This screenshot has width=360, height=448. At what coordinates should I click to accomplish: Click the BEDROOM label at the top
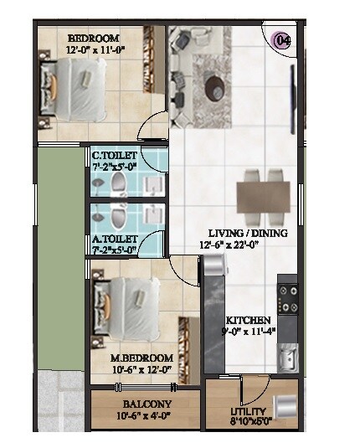coord(93,39)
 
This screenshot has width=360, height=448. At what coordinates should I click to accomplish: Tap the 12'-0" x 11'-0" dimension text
coord(93,50)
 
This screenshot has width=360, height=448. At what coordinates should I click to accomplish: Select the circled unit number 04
coord(282,39)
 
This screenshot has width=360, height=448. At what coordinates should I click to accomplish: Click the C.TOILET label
coord(116,155)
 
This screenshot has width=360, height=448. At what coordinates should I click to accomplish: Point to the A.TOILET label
coord(116,238)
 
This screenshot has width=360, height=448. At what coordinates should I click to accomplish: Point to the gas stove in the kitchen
coord(287,296)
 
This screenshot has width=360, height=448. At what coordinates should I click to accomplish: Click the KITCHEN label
coord(248,321)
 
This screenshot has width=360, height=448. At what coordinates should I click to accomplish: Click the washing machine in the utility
coord(285,405)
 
